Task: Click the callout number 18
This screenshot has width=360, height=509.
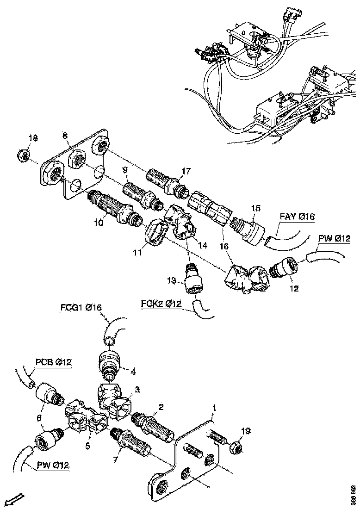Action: coord(20,138)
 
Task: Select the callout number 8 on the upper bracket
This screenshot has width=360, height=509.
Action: coord(65,135)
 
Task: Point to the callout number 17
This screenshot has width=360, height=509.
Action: coord(186,171)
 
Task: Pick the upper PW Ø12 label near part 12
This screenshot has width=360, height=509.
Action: coord(335,239)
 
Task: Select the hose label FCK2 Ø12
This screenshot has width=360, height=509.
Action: coord(161,304)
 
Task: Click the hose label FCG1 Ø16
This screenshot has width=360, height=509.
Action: coord(81,307)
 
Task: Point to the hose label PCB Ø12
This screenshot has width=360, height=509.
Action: coord(53,362)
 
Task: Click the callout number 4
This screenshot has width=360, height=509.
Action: coord(133,371)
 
